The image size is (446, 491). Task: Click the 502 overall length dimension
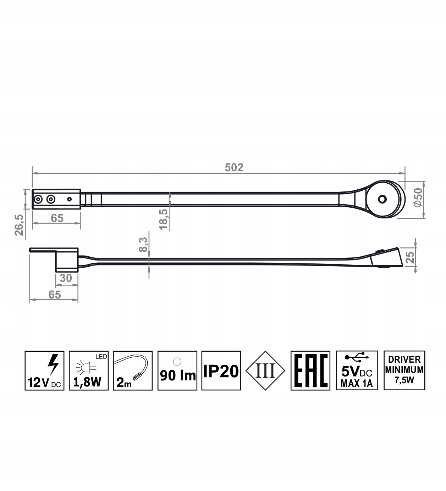point(234,167)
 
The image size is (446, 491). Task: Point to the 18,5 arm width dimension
point(163,219)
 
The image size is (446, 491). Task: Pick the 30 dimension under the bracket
point(66,278)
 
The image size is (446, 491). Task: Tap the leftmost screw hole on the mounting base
point(38,200)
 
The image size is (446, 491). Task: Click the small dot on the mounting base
point(70,199)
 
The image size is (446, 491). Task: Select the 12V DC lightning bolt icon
point(44,370)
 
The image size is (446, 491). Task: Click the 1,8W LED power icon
point(88,370)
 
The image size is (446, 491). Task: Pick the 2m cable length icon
point(133,370)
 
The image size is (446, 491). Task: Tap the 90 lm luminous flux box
point(177,370)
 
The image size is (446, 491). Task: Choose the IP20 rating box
point(221,370)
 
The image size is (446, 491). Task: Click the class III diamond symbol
point(265,371)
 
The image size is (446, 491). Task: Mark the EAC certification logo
point(310,370)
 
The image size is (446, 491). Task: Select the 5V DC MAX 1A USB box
point(357,370)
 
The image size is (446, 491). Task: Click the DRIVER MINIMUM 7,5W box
point(404,370)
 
